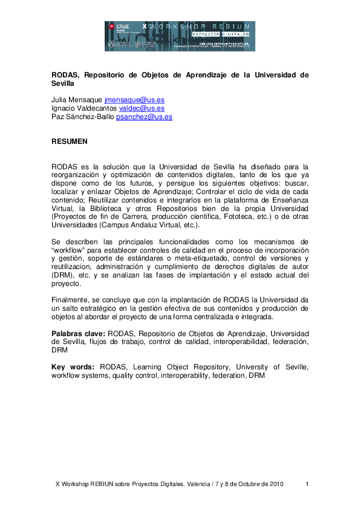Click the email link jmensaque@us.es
click(134, 99)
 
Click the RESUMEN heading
click(70, 141)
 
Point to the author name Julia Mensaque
click(77, 99)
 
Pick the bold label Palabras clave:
click(79, 333)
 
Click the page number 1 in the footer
click(307, 484)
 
